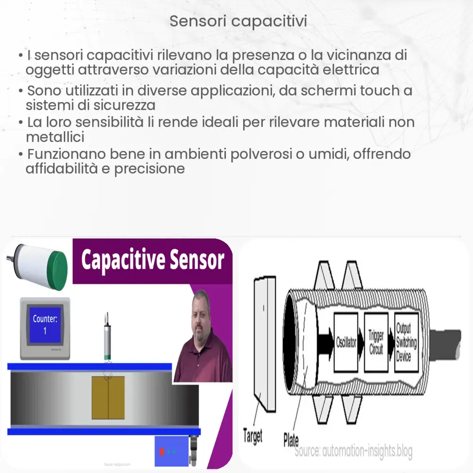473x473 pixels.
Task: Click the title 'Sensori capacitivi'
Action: click(x=238, y=21)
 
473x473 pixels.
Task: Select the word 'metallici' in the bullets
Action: click(x=55, y=138)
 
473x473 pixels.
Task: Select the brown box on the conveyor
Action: click(x=108, y=397)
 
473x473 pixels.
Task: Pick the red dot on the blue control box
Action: click(x=162, y=452)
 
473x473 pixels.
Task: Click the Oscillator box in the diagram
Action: click(x=346, y=342)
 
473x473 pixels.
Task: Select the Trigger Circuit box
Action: click(x=376, y=342)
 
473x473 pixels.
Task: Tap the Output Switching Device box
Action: click(x=406, y=342)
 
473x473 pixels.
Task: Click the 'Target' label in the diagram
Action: click(x=252, y=436)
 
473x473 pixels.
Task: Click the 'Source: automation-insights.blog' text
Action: click(x=353, y=452)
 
